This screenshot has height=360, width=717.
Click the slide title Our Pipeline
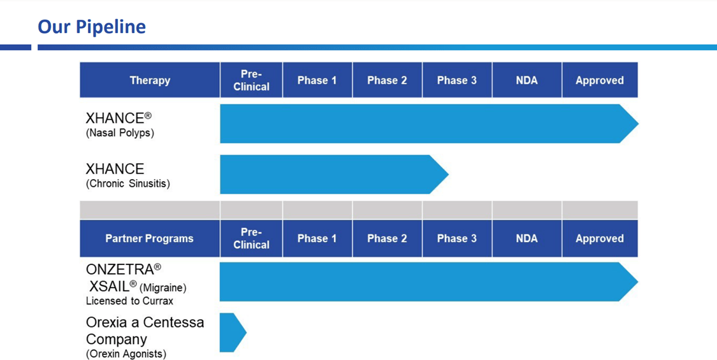[x=91, y=27]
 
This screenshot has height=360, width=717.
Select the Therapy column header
[x=150, y=80]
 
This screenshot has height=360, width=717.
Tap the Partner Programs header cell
[x=150, y=238]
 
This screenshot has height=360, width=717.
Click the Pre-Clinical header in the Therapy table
[x=251, y=80]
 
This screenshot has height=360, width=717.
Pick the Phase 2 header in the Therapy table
[x=387, y=80]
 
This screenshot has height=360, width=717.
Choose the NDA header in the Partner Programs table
[x=527, y=238]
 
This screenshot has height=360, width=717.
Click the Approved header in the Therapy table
[x=600, y=80]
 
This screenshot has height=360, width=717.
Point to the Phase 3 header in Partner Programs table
[x=457, y=238]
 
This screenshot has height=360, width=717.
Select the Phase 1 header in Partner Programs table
[x=317, y=238]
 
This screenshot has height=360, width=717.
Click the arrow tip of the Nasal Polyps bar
[x=638, y=124]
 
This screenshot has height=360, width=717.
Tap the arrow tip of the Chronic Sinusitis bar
[x=448, y=175]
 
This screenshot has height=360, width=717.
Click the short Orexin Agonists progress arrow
[x=233, y=333]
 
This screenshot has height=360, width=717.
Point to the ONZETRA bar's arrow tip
[x=637, y=282]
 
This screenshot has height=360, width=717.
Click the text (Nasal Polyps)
[x=120, y=133]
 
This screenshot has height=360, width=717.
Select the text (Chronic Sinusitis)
[x=128, y=184]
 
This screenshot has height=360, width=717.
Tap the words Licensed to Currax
[x=129, y=301]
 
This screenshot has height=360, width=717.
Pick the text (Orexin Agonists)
[x=126, y=354]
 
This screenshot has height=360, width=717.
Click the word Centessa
[x=174, y=322]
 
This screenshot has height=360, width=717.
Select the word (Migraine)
[x=163, y=288]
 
